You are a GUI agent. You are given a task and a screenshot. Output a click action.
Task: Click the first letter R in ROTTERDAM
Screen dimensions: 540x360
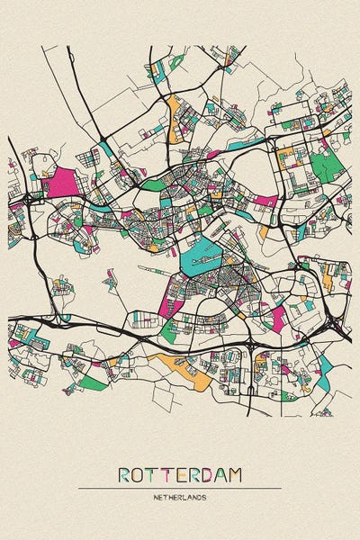coord(124,474)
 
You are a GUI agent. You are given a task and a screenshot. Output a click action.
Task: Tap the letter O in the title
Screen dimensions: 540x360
coord(139,474)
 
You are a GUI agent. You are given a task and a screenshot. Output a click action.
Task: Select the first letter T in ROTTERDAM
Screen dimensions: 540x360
coord(154,474)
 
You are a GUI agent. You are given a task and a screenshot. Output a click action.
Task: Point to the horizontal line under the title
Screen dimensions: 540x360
coord(180,488)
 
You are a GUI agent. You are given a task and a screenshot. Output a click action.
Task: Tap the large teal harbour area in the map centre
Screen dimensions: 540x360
coord(202,262)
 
